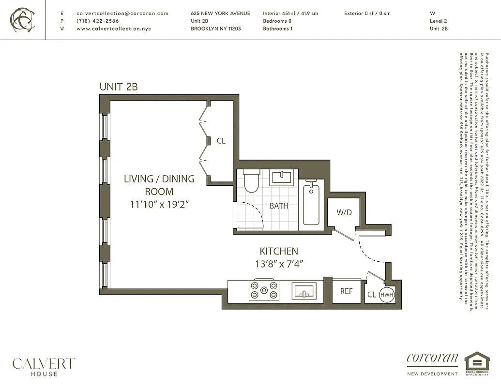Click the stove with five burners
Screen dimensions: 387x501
[x=264, y=290]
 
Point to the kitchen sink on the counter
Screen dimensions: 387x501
[x=304, y=291]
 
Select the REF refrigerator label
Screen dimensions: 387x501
[x=346, y=292]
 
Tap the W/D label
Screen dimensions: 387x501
[x=344, y=212]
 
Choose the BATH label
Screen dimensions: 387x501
[x=279, y=206]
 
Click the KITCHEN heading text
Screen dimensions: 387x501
[x=279, y=251]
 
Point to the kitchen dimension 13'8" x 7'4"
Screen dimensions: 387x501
[x=279, y=264]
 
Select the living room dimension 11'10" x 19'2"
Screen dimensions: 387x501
[x=159, y=204]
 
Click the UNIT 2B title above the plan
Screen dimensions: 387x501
[x=119, y=87]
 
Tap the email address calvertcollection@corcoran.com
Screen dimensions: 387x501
[x=122, y=14]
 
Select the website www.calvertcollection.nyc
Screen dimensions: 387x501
[x=114, y=29]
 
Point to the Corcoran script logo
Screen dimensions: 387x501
[x=432, y=358]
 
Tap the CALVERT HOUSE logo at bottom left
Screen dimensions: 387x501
[x=44, y=366]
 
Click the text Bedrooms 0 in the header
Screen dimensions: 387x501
[x=277, y=21]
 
